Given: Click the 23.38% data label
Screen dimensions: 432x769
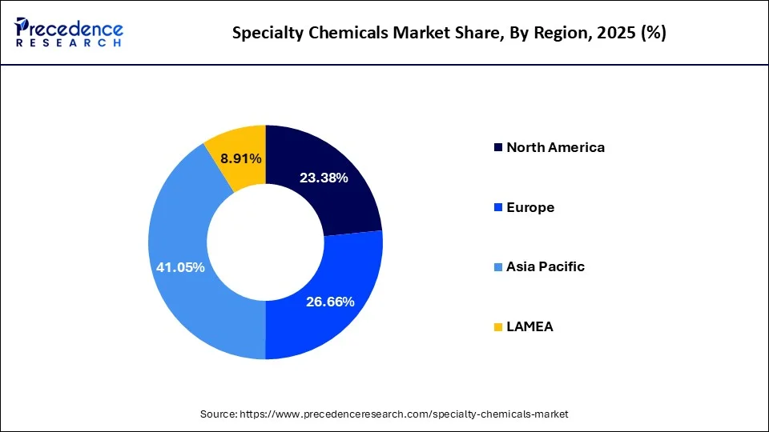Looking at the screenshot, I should [x=324, y=178].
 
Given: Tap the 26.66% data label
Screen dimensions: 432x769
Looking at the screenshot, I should [x=330, y=301].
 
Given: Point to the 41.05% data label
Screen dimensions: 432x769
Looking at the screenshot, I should [x=180, y=267].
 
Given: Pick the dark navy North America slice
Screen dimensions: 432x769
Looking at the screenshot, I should [x=336, y=200].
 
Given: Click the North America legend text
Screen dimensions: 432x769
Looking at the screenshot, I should [x=555, y=147].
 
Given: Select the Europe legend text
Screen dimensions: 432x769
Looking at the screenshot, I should [x=529, y=207].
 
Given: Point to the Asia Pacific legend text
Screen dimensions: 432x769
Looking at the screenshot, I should [x=545, y=266].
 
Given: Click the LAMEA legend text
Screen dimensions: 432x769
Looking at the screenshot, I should [x=529, y=326].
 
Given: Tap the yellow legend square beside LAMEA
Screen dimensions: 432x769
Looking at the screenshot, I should [x=498, y=327].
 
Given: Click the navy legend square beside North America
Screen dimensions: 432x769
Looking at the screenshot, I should [x=498, y=148].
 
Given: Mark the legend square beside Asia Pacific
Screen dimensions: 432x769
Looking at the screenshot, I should [x=498, y=267].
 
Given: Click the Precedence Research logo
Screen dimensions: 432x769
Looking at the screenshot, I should [x=69, y=33].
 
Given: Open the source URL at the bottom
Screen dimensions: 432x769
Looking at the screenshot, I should [x=404, y=414].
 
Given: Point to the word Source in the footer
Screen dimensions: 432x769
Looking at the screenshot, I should [x=217, y=414].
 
